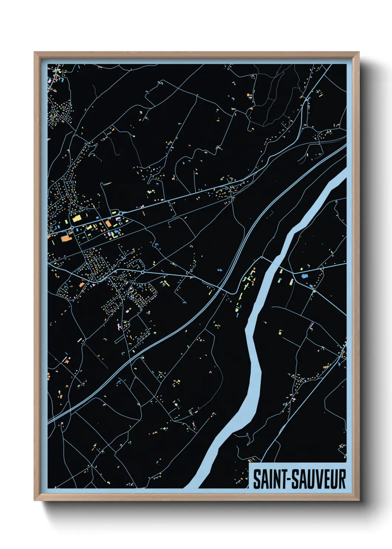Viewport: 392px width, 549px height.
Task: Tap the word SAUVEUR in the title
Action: click(x=317, y=479)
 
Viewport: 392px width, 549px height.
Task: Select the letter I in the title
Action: click(x=269, y=479)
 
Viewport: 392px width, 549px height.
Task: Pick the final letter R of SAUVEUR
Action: click(x=342, y=479)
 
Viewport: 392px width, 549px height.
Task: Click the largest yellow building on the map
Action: click(x=77, y=218)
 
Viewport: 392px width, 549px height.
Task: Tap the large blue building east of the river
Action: click(x=305, y=276)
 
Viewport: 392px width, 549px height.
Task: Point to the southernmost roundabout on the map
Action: click(x=143, y=272)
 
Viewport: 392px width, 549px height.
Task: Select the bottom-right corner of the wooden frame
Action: click(x=358, y=499)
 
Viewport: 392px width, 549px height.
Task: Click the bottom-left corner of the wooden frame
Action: click(x=36, y=499)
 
